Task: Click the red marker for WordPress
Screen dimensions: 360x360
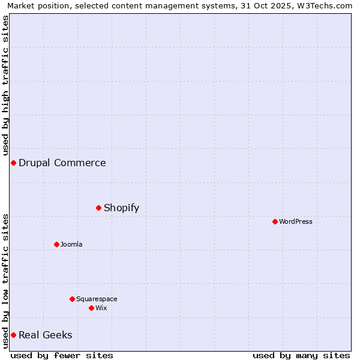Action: pyautogui.click(x=275, y=221)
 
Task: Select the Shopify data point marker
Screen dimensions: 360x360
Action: pyautogui.click(x=98, y=208)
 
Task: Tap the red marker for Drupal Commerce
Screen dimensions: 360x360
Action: pyautogui.click(x=13, y=163)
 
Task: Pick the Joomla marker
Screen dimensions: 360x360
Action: pyautogui.click(x=56, y=244)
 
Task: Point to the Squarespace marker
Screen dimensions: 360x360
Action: pyautogui.click(x=72, y=299)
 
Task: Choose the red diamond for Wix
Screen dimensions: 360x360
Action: pyautogui.click(x=91, y=308)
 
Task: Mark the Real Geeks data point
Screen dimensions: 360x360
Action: pyautogui.click(x=13, y=335)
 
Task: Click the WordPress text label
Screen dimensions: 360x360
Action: pyautogui.click(x=296, y=221)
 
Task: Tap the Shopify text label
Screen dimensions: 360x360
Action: pyautogui.click(x=121, y=208)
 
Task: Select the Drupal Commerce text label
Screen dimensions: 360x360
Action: pyautogui.click(x=62, y=163)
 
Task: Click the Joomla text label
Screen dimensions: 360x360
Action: pyautogui.click(x=71, y=244)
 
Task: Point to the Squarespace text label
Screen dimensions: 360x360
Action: pyautogui.click(x=97, y=299)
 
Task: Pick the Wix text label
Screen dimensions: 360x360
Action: pyautogui.click(x=101, y=308)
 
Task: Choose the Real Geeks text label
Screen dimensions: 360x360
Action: pyautogui.click(x=46, y=335)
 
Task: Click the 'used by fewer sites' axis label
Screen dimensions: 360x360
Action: pyautogui.click(x=62, y=355)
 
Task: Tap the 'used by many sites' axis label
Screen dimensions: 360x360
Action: pyautogui.click(x=301, y=355)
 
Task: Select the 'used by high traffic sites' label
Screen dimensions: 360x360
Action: pyautogui.click(x=6, y=85)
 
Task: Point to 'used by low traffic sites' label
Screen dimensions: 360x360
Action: pyautogui.click(x=6, y=280)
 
